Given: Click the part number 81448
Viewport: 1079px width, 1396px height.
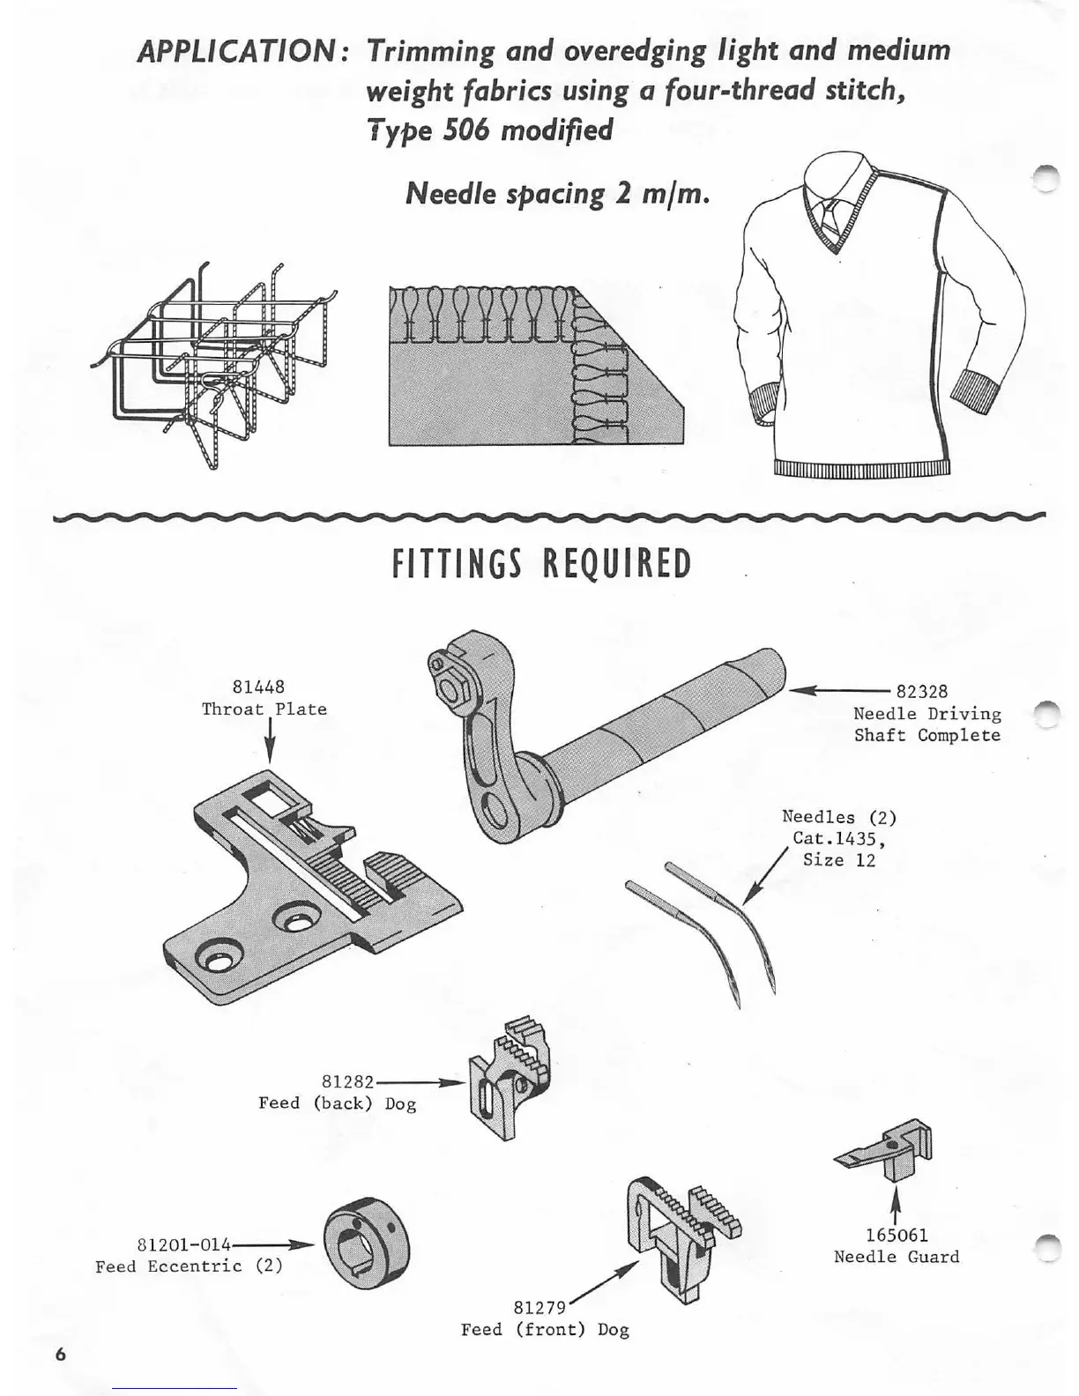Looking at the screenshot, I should click(258, 687).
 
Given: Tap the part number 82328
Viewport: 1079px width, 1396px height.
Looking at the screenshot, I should click(921, 692).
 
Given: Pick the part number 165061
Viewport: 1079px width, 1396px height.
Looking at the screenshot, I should click(896, 1236).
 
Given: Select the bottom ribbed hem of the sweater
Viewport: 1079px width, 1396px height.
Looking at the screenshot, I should click(861, 467).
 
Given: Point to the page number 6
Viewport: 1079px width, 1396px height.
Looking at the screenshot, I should click(61, 1355).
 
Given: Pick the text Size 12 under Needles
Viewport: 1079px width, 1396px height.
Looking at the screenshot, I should click(839, 860).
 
